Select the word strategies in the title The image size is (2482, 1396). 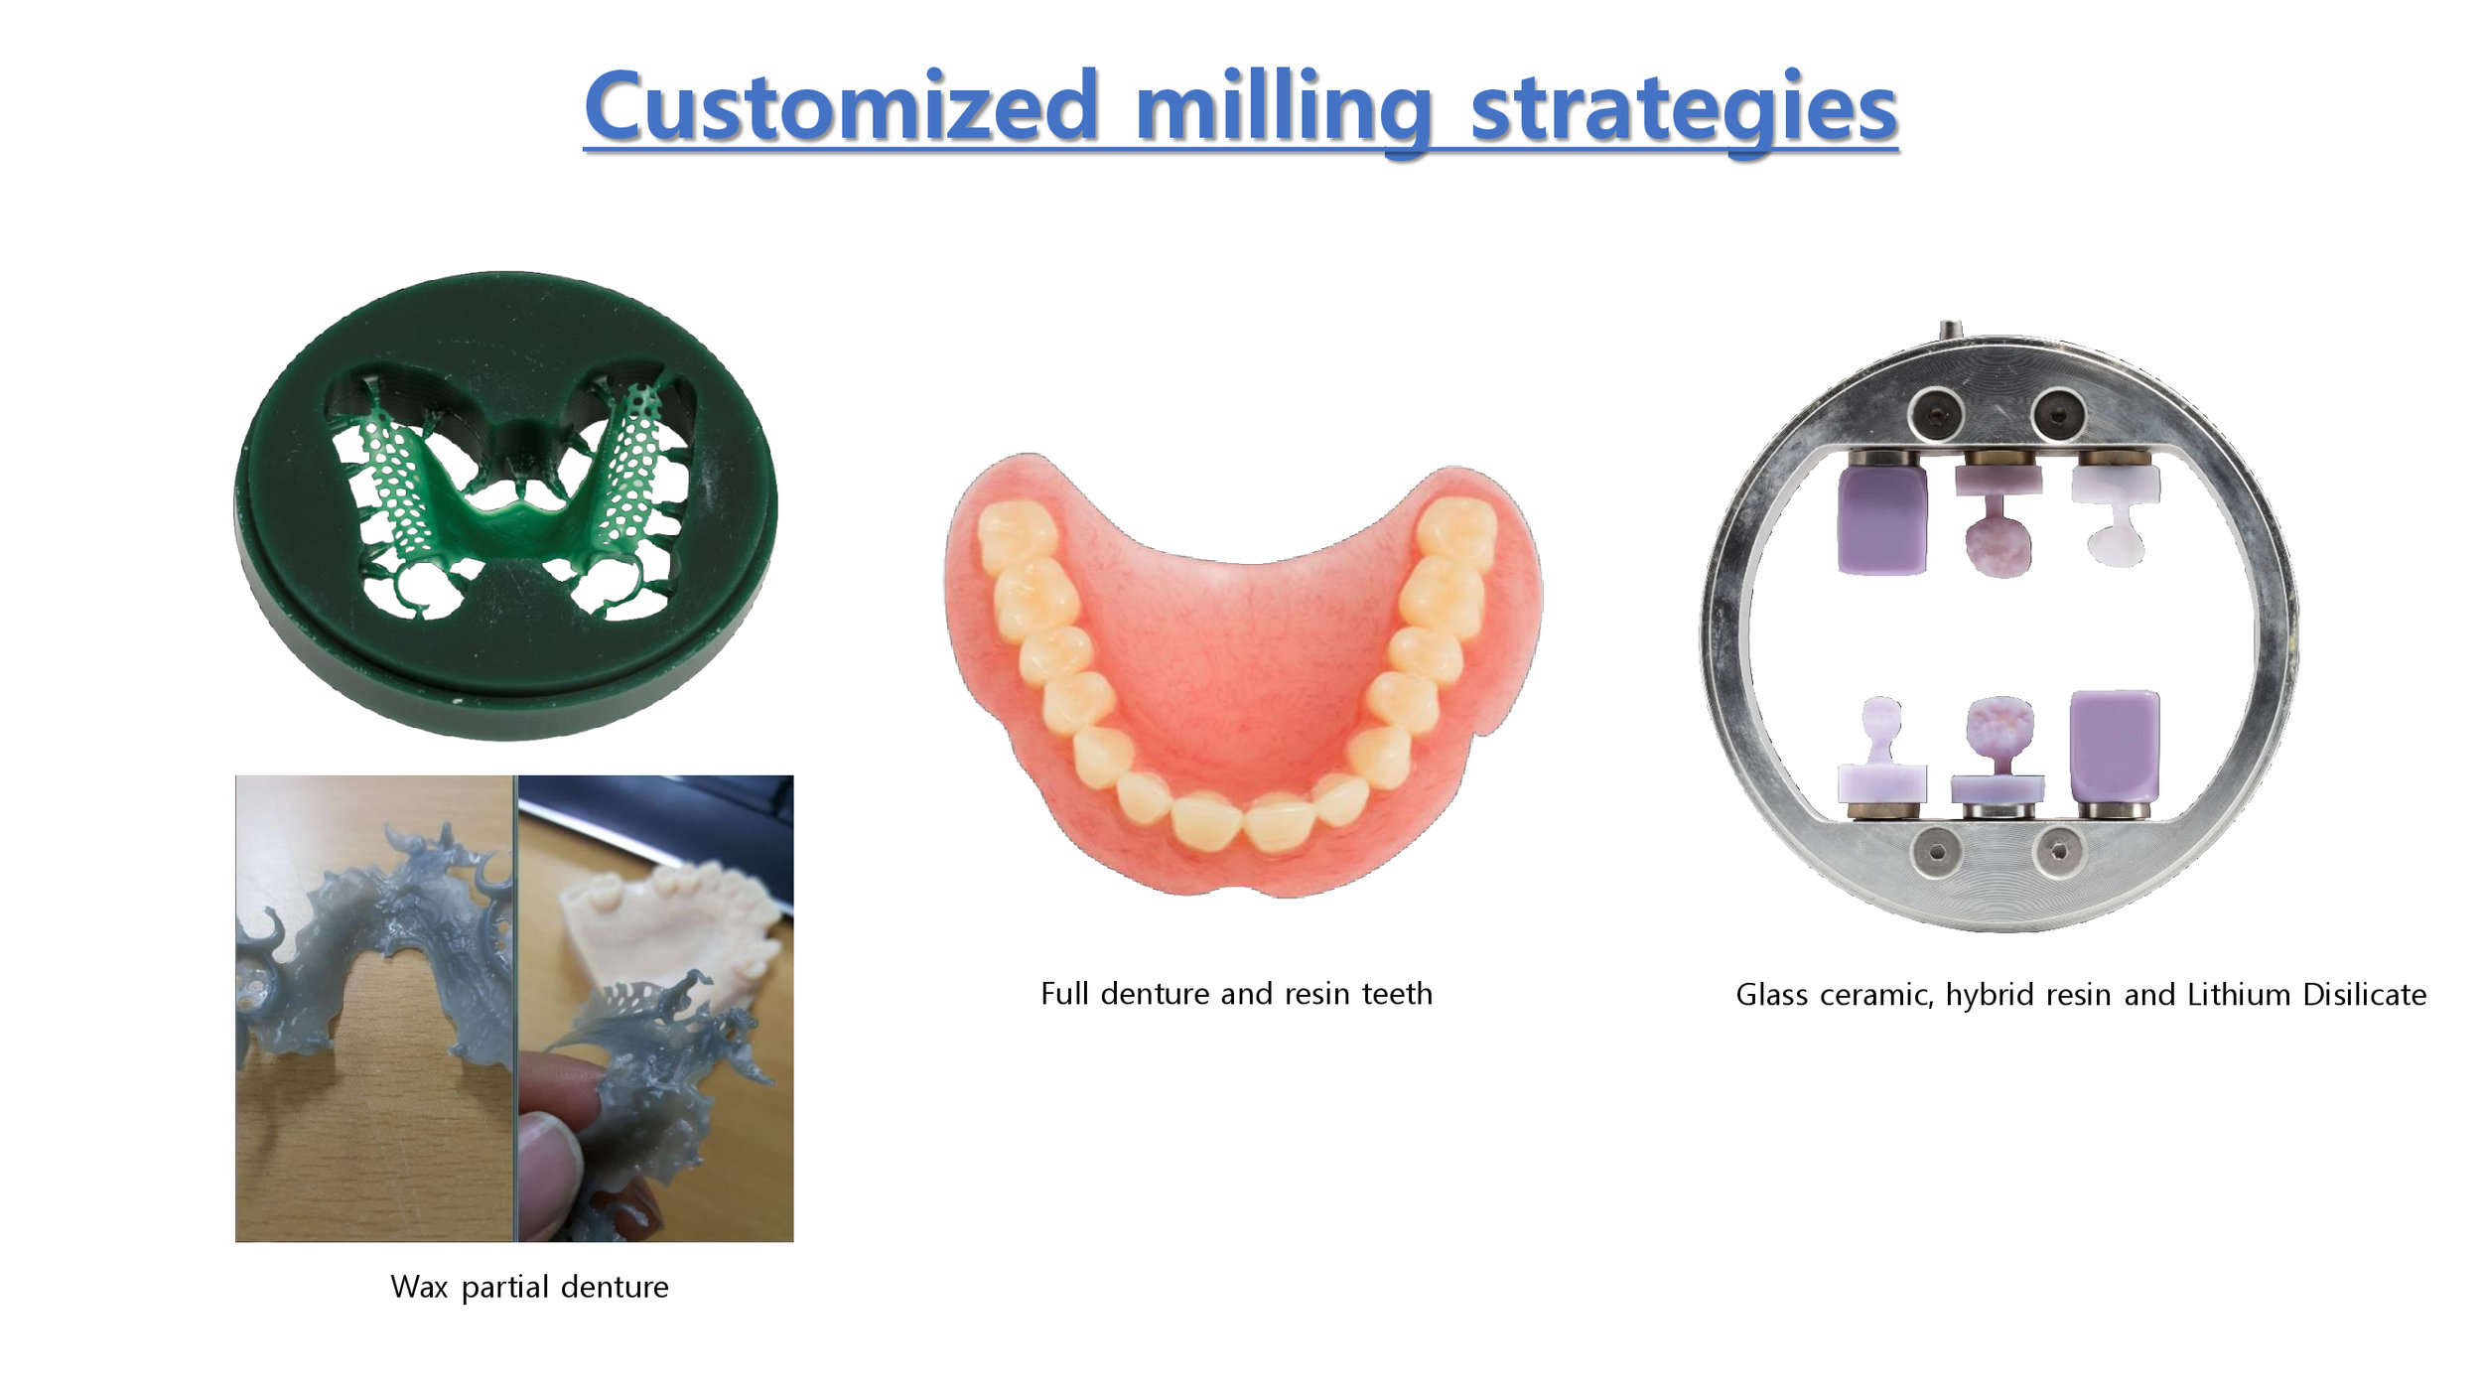pyautogui.click(x=1684, y=110)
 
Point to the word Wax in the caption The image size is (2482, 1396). pyautogui.click(x=420, y=1287)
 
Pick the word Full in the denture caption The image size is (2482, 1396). pyautogui.click(x=1065, y=993)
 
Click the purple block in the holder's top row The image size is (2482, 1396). pyautogui.click(x=1882, y=518)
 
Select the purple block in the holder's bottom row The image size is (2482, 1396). pyautogui.click(x=2115, y=747)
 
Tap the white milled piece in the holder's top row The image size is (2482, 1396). pyautogui.click(x=2115, y=515)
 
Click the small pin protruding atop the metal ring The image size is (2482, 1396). pyautogui.click(x=1951, y=331)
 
